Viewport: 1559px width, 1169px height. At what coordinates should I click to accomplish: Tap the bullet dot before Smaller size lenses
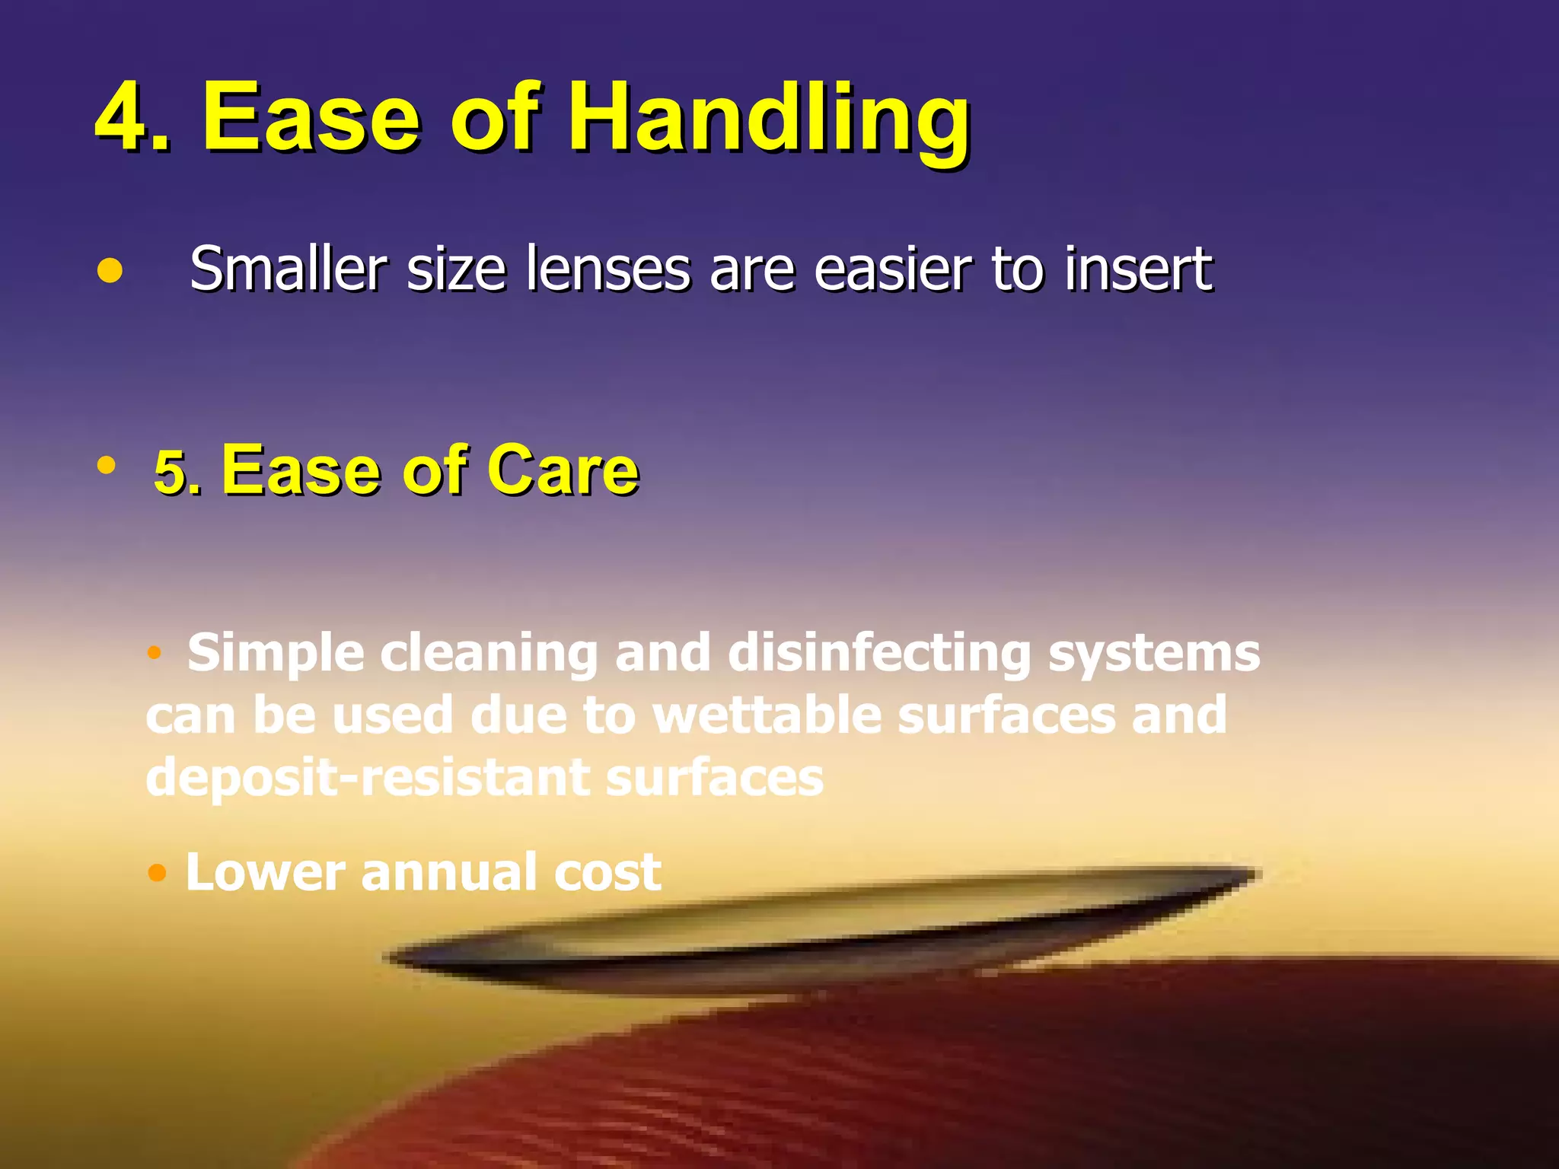click(110, 271)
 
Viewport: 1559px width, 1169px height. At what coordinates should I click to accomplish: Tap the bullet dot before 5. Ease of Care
click(107, 464)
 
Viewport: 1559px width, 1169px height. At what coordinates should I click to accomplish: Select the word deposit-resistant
click(368, 778)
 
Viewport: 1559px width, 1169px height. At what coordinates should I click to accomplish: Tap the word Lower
click(265, 871)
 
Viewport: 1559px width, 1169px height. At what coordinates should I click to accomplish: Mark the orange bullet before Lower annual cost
click(157, 872)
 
